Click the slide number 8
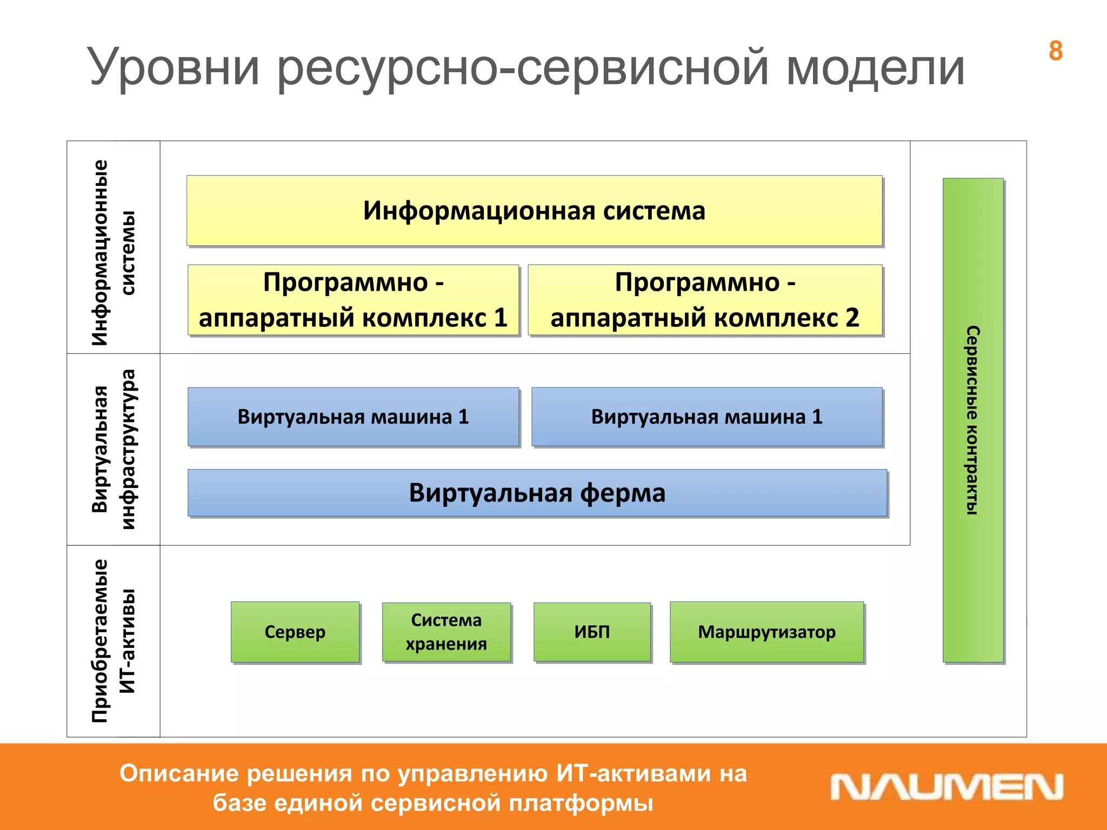tap(1055, 51)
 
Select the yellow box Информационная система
tap(534, 211)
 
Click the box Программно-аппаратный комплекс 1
tap(353, 300)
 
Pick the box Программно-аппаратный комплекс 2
tap(705, 300)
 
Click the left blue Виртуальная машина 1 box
tap(353, 417)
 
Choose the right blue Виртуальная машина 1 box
tap(706, 417)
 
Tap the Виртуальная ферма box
tap(537, 493)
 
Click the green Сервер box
tap(295, 632)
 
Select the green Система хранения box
tap(446, 632)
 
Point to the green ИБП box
tap(592, 632)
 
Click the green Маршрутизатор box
tap(766, 632)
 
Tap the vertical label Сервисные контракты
tap(972, 420)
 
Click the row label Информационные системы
tap(114, 252)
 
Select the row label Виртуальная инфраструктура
tap(114, 449)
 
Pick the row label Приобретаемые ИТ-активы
tap(114, 641)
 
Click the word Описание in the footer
tap(178, 773)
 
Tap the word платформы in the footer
tap(581, 802)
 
